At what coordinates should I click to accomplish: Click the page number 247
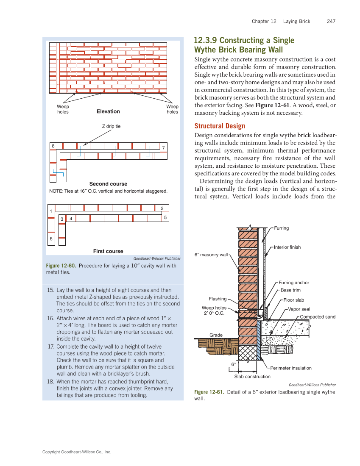coord(331,21)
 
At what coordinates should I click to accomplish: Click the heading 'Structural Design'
coord(219,126)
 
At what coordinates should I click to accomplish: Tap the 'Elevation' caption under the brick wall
coord(108,111)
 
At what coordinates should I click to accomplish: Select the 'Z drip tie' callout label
coord(112,126)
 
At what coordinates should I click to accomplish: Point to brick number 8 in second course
coord(53,146)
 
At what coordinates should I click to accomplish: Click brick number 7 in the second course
coord(163,148)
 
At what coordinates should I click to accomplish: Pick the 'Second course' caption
coord(108,184)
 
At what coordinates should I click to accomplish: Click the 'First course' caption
coord(108,251)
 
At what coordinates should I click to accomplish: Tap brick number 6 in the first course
coord(51,239)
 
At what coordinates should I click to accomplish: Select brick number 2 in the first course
coord(162,208)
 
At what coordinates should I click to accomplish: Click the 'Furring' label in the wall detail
coord(281,228)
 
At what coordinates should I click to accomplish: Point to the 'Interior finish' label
coord(287,247)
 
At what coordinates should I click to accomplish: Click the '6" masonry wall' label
coord(211,255)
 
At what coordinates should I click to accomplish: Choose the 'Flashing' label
coord(218,299)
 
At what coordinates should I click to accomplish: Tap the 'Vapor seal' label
coord(299,309)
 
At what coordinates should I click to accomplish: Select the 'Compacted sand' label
coord(317,317)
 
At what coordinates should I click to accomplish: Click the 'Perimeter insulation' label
coord(290,368)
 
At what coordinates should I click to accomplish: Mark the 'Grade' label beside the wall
coord(216,335)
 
